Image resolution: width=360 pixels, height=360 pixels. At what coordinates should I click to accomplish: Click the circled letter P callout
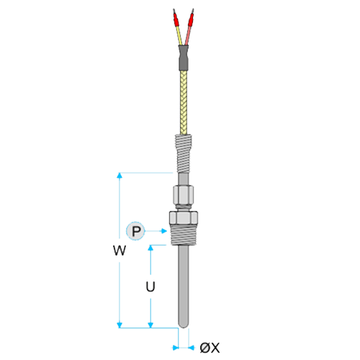point(135,231)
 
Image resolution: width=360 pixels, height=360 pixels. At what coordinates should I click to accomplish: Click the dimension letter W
point(120,251)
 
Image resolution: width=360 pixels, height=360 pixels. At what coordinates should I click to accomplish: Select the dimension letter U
point(150,287)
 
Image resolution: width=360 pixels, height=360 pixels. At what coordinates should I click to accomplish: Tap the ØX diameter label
point(210,348)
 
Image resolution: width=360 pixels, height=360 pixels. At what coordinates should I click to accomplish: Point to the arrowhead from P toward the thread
point(164,231)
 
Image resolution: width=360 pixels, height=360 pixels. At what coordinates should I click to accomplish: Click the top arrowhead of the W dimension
point(120,176)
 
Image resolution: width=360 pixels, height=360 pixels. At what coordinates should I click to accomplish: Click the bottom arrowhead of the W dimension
point(120,325)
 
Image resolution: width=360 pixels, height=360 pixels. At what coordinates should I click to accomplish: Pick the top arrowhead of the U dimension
point(150,248)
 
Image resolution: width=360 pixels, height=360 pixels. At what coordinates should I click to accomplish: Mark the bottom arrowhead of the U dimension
point(150,325)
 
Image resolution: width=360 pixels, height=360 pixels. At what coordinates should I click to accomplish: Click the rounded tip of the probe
point(184,325)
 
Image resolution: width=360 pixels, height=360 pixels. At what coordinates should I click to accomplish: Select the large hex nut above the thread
point(184,217)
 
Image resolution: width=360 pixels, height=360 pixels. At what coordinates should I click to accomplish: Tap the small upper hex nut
point(184,194)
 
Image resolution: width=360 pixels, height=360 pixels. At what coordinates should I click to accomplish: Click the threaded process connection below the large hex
point(184,235)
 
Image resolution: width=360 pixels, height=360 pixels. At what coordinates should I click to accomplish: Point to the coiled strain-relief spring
point(184,153)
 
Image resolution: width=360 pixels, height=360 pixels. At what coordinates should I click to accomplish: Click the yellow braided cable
point(184,103)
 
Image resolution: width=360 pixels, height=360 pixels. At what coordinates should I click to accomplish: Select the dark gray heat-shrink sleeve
point(184,58)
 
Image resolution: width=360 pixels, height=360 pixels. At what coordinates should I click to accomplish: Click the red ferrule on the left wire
point(176,19)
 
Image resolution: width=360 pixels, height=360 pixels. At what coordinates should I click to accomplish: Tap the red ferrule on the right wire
point(191,19)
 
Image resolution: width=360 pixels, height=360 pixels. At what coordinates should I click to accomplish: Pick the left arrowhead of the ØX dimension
point(176,347)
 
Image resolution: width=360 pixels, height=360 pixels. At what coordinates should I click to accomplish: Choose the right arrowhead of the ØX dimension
point(192,347)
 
